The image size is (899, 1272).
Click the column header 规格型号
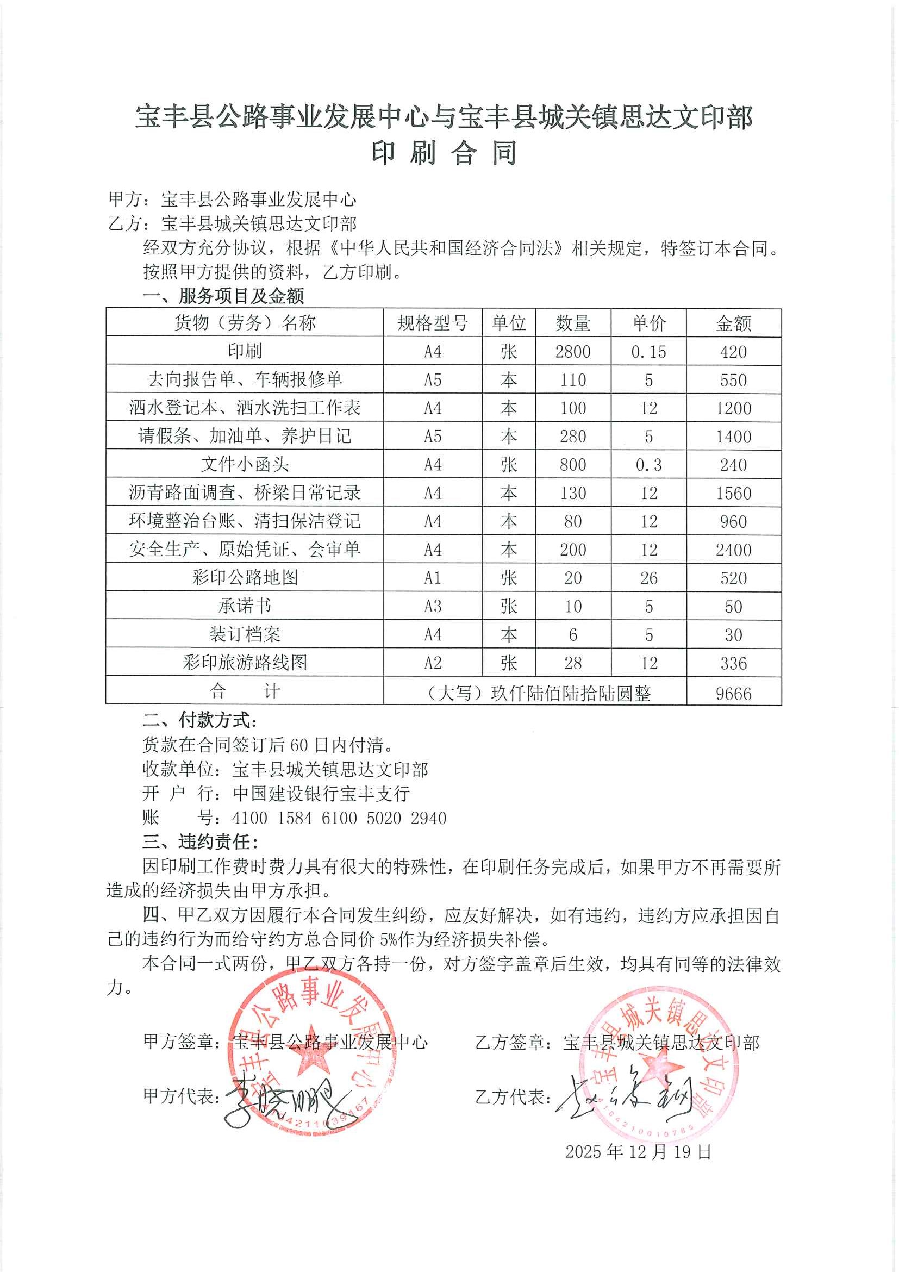point(432,323)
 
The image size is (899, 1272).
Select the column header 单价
point(648,323)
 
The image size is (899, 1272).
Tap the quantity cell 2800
point(573,352)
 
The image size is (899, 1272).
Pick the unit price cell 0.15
point(648,352)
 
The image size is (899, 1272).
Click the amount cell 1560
point(733,493)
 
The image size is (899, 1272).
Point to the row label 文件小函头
point(244,464)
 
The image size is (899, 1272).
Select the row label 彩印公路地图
point(244,577)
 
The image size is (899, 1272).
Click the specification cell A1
point(432,578)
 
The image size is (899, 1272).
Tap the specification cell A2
point(432,663)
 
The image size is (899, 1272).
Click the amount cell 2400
point(733,550)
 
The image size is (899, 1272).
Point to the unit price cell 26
point(648,578)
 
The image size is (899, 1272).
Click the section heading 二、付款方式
point(199,720)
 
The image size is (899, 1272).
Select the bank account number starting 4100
point(339,818)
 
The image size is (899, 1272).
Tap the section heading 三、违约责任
point(199,842)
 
